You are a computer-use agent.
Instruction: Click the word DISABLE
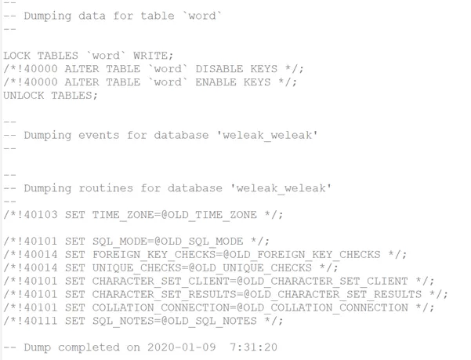click(219, 69)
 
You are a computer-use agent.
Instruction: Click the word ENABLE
click(216, 82)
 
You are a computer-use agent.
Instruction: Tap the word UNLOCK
click(24, 95)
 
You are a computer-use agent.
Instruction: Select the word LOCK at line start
click(16, 56)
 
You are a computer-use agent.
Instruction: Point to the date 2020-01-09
click(182, 347)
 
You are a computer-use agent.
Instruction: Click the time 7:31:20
click(253, 347)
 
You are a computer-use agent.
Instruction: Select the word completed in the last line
click(89, 347)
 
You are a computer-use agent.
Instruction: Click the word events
click(99, 135)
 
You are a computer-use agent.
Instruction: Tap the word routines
click(106, 188)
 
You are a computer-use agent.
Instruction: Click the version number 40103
click(41, 215)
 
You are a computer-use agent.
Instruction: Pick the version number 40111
click(41, 321)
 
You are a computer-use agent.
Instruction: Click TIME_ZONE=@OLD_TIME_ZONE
click(175, 215)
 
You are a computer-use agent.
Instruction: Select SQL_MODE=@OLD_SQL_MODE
click(168, 242)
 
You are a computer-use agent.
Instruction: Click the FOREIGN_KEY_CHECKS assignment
click(237, 255)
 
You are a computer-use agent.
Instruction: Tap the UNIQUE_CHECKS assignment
click(202, 267)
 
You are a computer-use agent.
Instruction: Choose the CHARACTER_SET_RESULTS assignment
click(257, 294)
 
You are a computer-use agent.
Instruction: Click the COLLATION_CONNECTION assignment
click(250, 307)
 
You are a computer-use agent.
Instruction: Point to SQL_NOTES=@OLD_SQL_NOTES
click(175, 321)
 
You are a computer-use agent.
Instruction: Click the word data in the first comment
click(92, 16)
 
